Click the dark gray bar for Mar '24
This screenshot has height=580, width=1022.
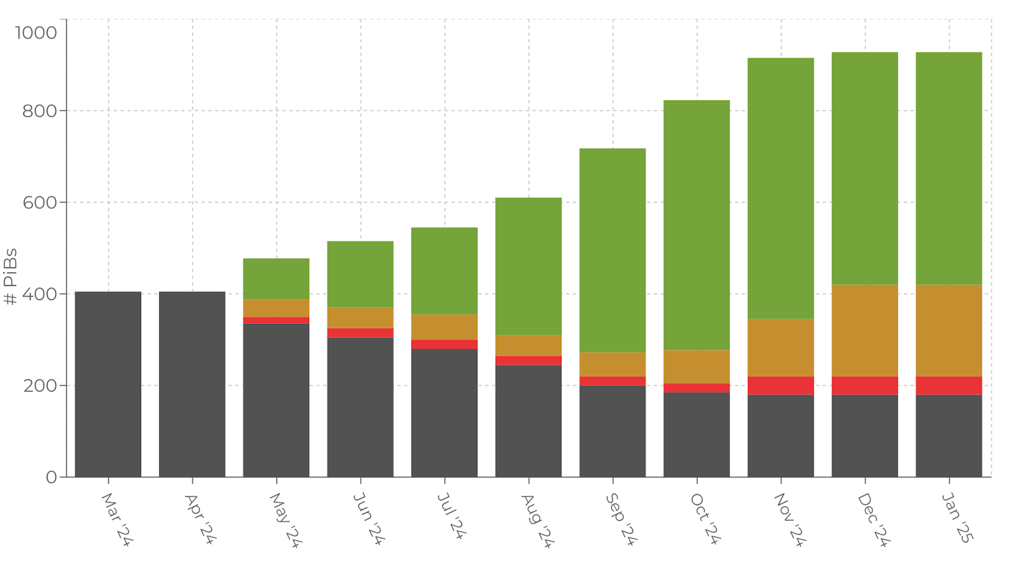(108, 384)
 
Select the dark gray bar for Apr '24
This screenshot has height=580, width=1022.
(192, 384)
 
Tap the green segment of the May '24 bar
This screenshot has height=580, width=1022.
(276, 279)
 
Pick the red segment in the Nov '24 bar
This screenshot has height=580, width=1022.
(781, 385)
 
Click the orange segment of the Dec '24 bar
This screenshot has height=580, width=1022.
(865, 330)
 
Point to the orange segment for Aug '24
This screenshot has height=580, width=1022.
(528, 346)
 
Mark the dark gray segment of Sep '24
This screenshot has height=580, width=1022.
(613, 431)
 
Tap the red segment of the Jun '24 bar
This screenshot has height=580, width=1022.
(360, 333)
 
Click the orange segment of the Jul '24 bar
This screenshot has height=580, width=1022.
(445, 327)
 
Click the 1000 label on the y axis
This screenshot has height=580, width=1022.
(36, 33)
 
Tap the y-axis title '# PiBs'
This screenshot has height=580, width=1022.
(11, 277)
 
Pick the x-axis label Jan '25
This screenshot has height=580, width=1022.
(957, 518)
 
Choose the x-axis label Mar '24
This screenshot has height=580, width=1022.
(116, 519)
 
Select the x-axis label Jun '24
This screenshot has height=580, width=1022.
(369, 519)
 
